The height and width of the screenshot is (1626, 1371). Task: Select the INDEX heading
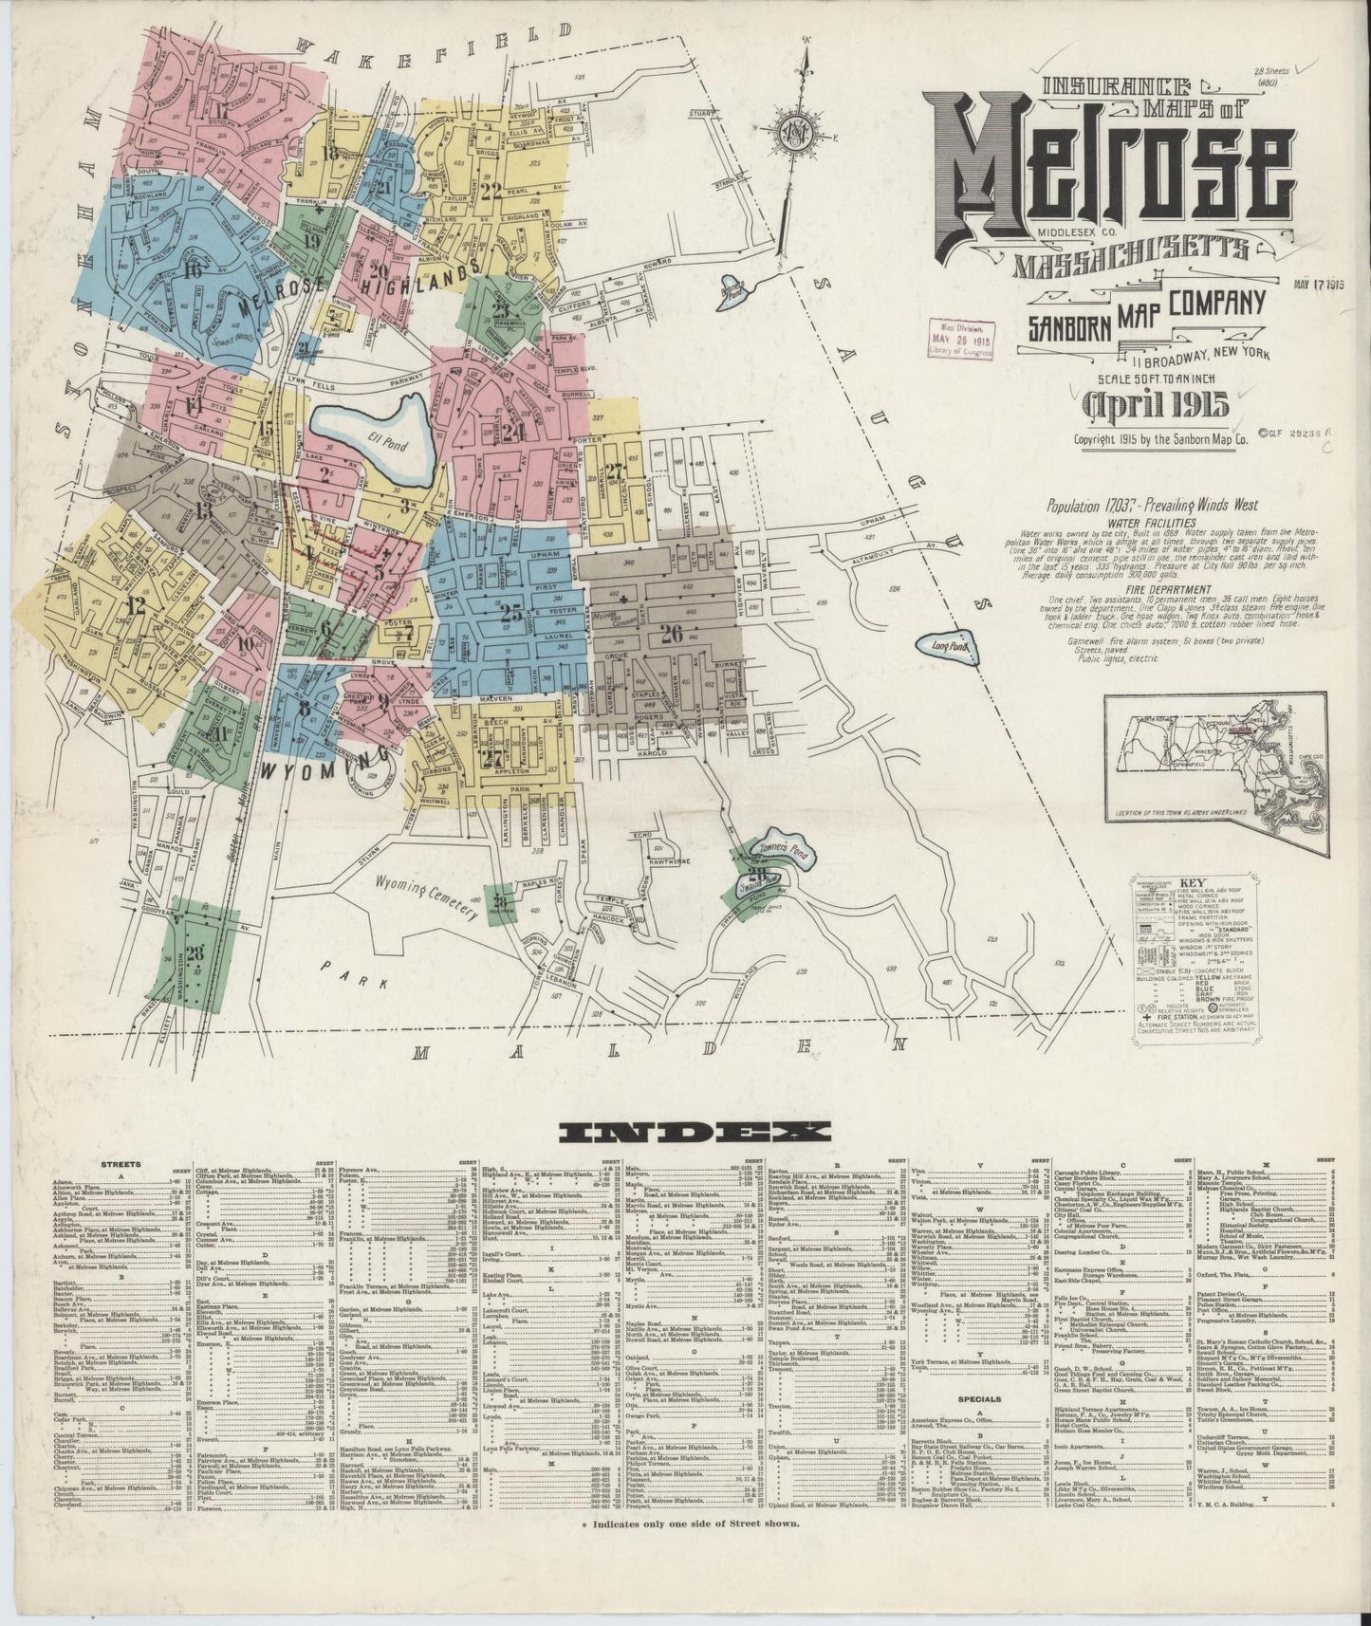click(x=695, y=1131)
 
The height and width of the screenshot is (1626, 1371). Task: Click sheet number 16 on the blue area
click(x=196, y=268)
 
